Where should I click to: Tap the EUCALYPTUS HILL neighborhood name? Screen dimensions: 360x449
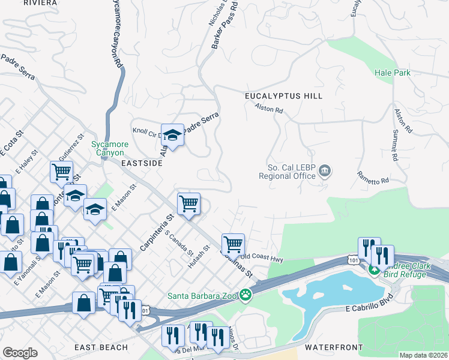coord(283,96)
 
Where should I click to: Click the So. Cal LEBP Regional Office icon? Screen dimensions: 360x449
coord(325,172)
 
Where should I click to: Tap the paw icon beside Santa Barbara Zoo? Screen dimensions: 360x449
coord(245,295)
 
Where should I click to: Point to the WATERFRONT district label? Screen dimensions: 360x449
coord(333,347)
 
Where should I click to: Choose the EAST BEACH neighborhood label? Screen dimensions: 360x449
coord(101,347)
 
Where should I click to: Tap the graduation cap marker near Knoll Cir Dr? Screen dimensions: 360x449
coord(172,135)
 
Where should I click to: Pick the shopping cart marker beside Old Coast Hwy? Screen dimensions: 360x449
coord(233,244)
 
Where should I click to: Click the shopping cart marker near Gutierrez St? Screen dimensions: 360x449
coord(61,172)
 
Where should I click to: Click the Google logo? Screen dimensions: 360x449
coord(20,353)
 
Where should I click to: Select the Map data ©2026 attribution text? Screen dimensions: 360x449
coord(423,355)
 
